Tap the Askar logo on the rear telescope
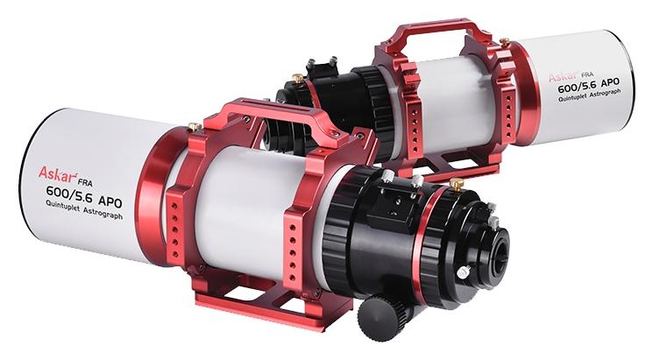click(562, 75)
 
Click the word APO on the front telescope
click(110, 201)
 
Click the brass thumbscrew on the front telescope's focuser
click(457, 184)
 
